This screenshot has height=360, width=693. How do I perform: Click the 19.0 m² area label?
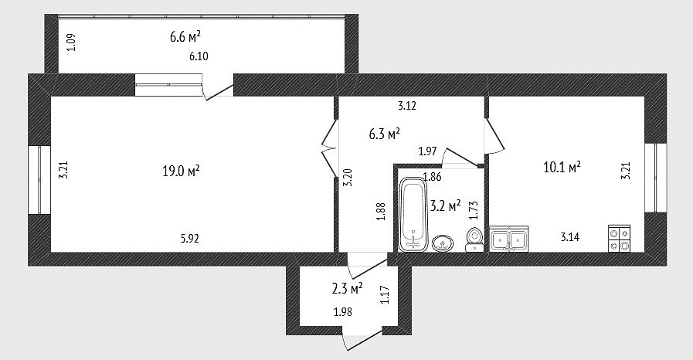181,171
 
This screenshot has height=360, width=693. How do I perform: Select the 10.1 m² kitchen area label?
562,168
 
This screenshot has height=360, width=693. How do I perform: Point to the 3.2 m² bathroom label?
445,205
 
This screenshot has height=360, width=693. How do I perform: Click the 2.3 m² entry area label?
347,289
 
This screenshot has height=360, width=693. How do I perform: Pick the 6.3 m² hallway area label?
385,134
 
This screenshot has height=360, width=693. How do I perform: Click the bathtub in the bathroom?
413,214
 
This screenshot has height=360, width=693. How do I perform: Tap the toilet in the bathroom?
474,239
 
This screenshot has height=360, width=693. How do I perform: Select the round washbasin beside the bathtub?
443,243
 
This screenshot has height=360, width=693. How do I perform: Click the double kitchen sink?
509,239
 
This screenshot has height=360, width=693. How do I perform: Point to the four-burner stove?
619,239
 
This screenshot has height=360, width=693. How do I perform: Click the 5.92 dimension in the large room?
189,239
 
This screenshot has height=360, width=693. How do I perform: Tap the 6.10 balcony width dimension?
199,56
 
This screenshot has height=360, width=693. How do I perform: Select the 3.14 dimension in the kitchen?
570,237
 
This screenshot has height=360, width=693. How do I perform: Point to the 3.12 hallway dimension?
407,106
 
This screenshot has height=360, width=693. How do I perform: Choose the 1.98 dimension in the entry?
343,312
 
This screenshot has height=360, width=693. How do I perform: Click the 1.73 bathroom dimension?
474,210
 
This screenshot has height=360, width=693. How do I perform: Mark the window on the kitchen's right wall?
655,178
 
